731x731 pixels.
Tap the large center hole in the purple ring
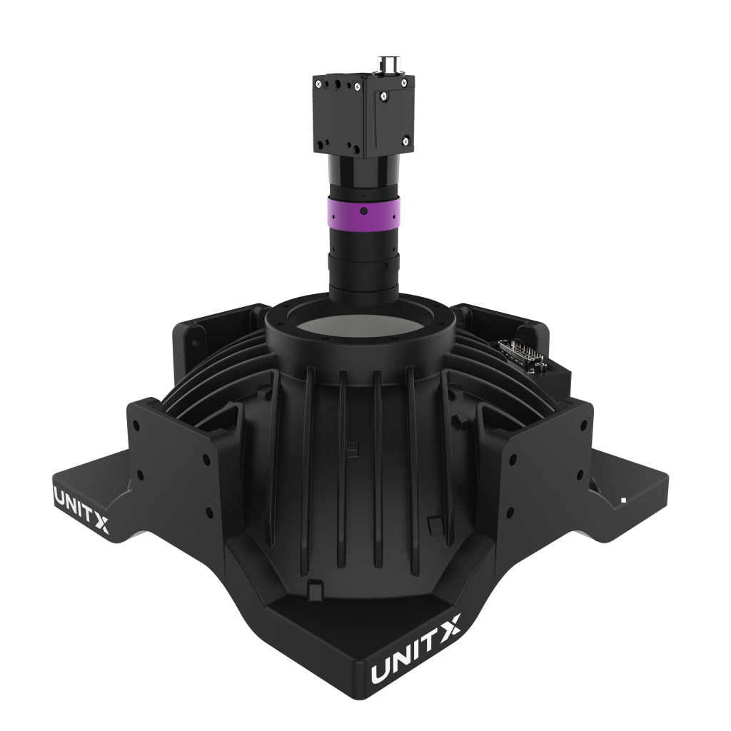(x=363, y=211)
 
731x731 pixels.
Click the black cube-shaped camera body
(x=361, y=114)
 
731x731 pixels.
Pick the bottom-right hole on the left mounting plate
(x=208, y=510)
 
